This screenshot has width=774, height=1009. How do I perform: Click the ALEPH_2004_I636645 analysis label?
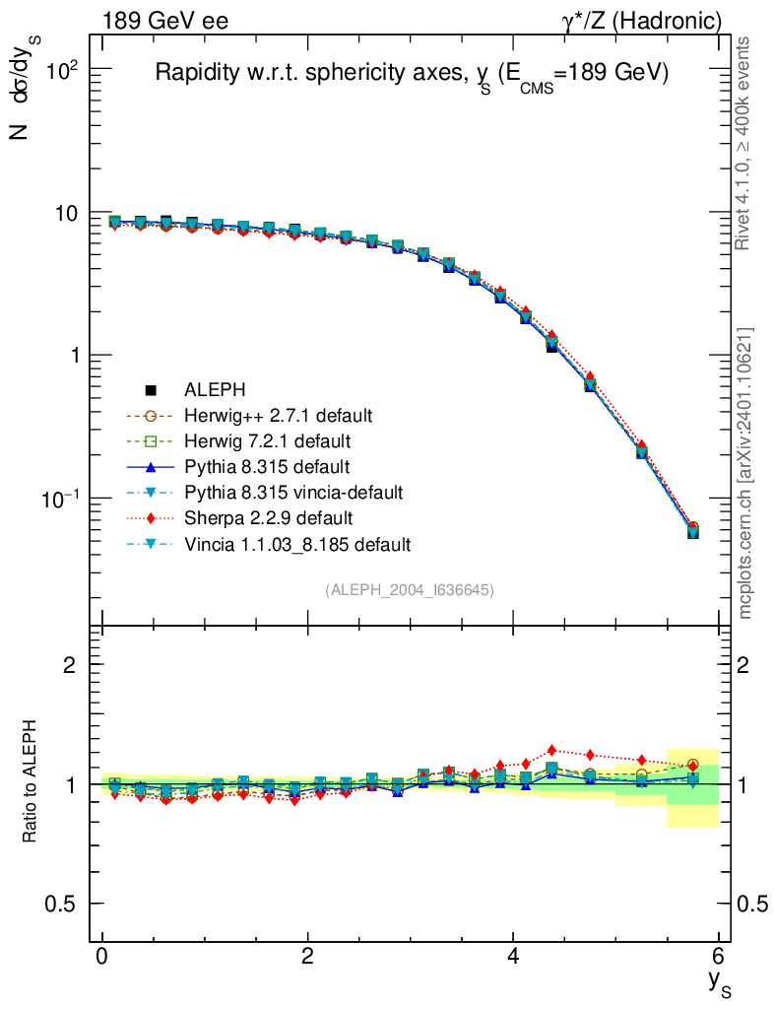pyautogui.click(x=410, y=589)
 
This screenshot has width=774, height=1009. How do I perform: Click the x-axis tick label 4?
pyautogui.click(x=513, y=957)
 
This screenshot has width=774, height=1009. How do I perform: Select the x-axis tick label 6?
pyautogui.click(x=718, y=957)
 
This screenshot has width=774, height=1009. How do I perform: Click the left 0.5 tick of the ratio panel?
pyautogui.click(x=64, y=904)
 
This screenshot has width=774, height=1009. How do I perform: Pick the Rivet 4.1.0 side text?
pyautogui.click(x=745, y=144)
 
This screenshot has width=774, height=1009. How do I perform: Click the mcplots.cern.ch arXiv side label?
pyautogui.click(x=745, y=474)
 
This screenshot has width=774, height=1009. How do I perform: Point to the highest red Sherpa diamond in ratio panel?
pyautogui.click(x=551, y=750)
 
